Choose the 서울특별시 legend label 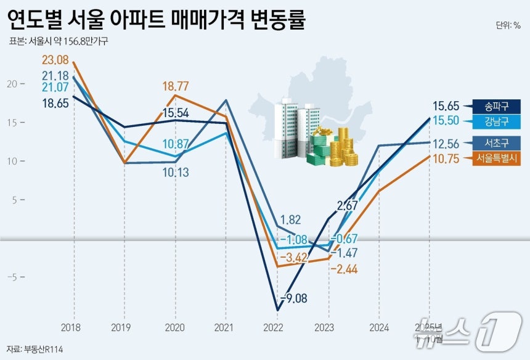(496, 158)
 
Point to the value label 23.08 (55, 60)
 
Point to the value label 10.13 (176, 173)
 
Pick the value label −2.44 (343, 269)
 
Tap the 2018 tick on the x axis (73, 327)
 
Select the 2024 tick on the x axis (379, 327)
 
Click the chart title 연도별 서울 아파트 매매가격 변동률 (157, 20)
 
